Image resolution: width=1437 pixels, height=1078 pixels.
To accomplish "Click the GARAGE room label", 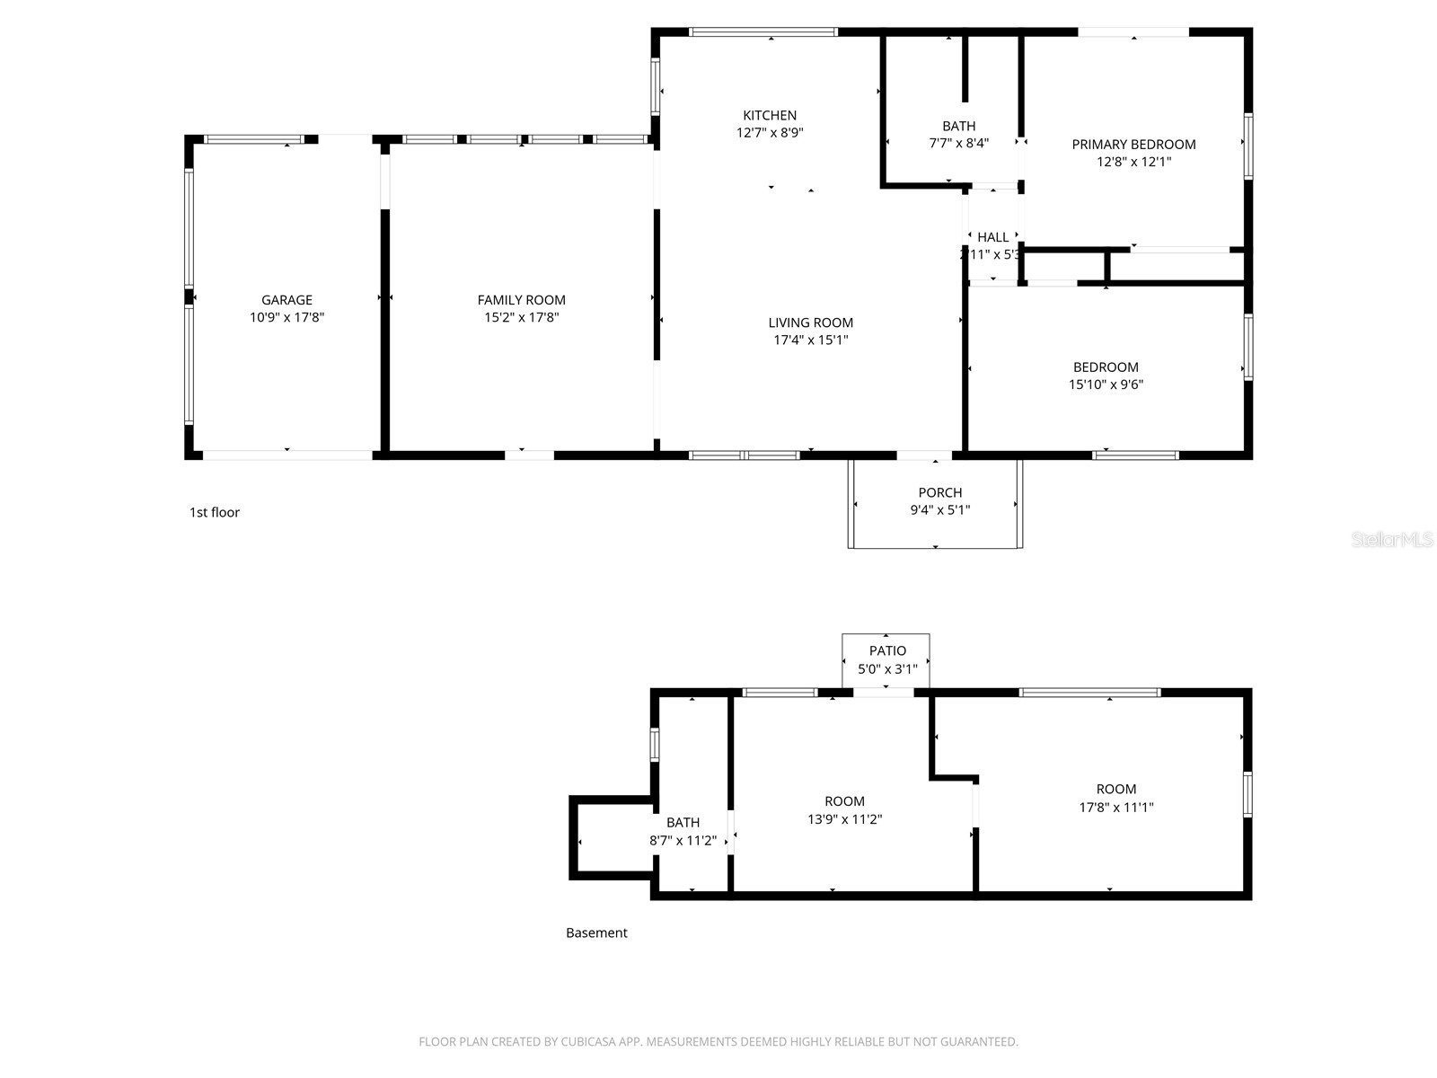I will click(x=287, y=300).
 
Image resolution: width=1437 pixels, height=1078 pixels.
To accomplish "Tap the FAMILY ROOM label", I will click(x=521, y=300).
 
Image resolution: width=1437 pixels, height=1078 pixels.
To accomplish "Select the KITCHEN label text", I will click(x=769, y=115).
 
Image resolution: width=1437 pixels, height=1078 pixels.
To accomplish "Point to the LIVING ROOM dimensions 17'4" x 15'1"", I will click(x=810, y=340).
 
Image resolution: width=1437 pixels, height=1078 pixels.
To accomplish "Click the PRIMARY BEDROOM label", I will click(x=1133, y=144).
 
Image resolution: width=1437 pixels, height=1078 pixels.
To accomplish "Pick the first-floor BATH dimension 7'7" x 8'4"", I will click(x=958, y=143).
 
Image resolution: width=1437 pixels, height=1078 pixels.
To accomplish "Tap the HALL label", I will click(x=992, y=237).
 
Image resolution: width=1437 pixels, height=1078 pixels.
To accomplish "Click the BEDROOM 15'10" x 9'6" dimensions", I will click(x=1106, y=384).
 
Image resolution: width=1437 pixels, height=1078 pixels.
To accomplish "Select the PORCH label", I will click(x=939, y=492).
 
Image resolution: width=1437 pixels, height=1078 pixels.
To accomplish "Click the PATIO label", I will click(x=887, y=650).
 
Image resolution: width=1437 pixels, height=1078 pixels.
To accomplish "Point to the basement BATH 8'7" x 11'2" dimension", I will click(x=683, y=841).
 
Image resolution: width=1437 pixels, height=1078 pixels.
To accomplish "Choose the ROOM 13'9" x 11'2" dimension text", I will click(x=844, y=819).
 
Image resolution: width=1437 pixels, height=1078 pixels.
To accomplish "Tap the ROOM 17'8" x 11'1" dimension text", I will click(x=1115, y=807).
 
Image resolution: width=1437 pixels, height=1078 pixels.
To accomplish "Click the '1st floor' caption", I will click(x=214, y=512).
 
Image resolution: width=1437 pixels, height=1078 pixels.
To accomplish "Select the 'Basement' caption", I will click(x=596, y=932).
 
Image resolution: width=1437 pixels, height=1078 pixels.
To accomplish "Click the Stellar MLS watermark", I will click(x=1391, y=540).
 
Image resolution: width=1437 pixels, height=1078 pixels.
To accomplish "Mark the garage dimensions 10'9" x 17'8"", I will click(x=287, y=317).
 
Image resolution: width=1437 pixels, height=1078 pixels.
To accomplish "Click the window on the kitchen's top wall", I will click(x=763, y=32).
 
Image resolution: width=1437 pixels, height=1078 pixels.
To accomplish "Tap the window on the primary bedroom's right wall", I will click(x=1247, y=146).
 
